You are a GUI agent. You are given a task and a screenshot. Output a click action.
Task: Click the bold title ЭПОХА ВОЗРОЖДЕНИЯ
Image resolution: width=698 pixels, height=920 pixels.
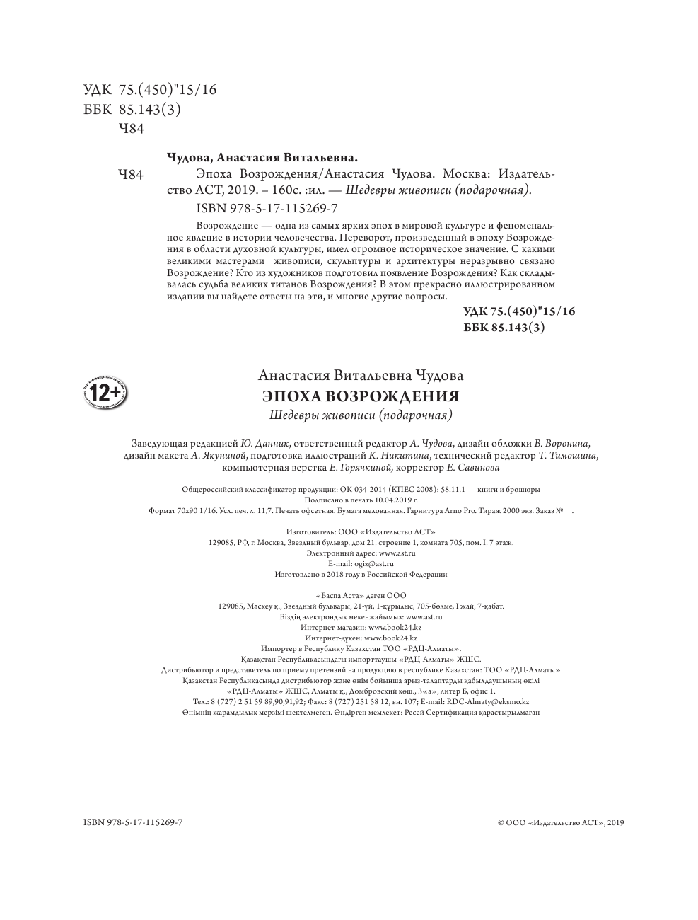point(361,396)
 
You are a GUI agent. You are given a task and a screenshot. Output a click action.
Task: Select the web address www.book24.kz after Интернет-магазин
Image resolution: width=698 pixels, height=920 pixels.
point(395,628)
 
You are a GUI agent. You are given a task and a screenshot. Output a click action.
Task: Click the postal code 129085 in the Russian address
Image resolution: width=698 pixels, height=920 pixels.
point(224,543)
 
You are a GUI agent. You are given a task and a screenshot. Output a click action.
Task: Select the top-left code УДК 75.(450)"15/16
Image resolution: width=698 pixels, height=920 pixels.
point(150,90)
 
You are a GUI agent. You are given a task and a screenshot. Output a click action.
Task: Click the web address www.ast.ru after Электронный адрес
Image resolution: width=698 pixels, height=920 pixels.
point(397,553)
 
